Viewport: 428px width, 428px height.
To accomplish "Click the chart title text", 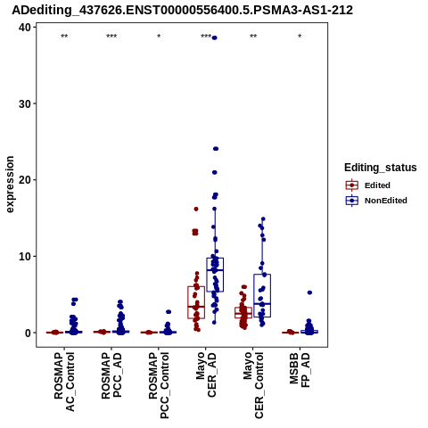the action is click(x=182, y=10).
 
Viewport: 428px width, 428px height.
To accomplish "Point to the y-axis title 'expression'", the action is click(x=10, y=185).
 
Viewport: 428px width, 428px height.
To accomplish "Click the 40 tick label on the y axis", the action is click(x=25, y=28).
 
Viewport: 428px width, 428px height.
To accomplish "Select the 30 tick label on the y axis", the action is click(x=25, y=103).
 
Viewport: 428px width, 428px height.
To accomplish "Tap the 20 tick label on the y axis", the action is click(x=25, y=180).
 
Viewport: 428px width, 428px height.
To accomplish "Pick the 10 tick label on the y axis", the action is click(x=25, y=256).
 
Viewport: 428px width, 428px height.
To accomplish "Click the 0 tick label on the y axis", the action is click(x=29, y=333).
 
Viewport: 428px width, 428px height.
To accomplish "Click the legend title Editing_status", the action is click(x=381, y=168).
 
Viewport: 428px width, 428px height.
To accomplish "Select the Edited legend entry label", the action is click(x=377, y=185).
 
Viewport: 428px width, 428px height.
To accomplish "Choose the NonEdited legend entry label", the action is click(x=386, y=201).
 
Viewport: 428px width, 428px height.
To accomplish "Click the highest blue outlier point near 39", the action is click(x=215, y=37).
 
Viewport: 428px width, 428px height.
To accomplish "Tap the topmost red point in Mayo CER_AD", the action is click(x=196, y=209).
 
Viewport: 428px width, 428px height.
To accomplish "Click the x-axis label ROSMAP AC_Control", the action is click(x=64, y=382).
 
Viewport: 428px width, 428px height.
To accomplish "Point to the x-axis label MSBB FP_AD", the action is click(x=300, y=370).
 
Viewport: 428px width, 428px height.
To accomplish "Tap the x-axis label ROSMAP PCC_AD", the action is click(x=111, y=375).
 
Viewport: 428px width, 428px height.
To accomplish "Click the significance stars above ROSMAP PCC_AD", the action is click(x=111, y=37).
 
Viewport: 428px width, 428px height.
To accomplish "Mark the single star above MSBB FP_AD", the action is click(x=300, y=37).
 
